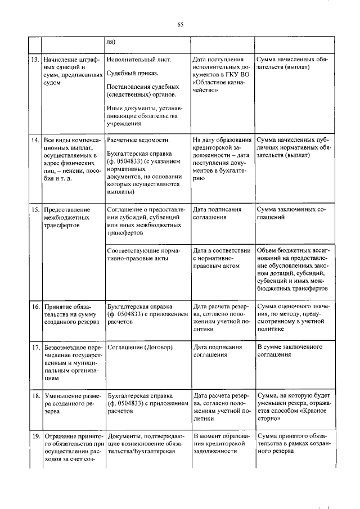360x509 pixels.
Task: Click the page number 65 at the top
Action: pos(180,24)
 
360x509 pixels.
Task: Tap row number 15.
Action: pos(34,209)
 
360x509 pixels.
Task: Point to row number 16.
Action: pos(34,307)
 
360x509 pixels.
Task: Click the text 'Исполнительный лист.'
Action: pos(138,59)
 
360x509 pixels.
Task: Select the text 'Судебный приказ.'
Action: pos(132,73)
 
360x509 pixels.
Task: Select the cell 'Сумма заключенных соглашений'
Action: pos(291,213)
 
